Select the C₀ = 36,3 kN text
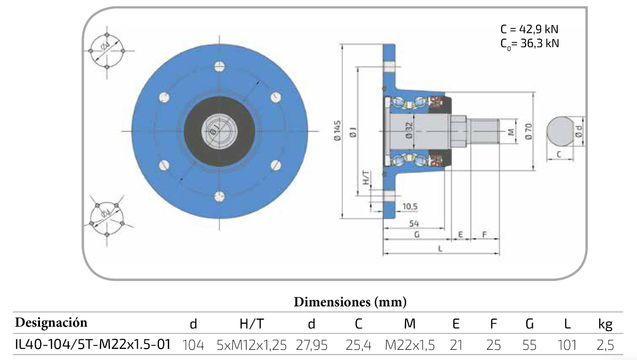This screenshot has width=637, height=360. tap(529, 43)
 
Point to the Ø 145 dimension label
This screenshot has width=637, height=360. tap(337, 131)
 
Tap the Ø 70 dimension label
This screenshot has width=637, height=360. tap(528, 131)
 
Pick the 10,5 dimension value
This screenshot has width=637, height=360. tap(409, 207)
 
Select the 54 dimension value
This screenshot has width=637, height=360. tap(413, 223)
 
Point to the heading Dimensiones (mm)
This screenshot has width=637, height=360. tap(350, 303)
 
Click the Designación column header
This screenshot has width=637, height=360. tap(52, 322)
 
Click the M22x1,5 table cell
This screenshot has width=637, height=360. tap(410, 346)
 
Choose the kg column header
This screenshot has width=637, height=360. tap(605, 324)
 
